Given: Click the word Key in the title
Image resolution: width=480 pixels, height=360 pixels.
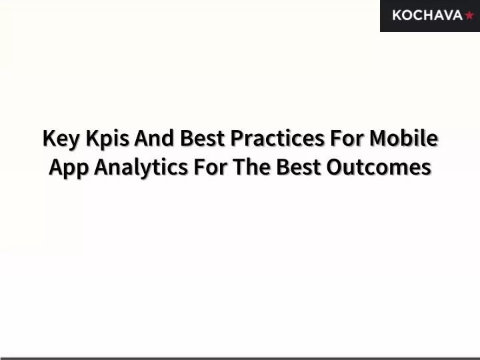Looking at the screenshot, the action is click(61, 139).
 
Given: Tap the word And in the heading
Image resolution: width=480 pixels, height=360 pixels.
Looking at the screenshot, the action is click(154, 138).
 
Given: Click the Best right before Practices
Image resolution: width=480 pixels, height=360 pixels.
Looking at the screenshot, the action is click(203, 138).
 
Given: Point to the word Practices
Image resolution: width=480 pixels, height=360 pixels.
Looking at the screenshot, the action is click(277, 138).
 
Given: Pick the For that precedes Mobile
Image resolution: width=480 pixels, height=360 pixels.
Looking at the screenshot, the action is click(347, 138).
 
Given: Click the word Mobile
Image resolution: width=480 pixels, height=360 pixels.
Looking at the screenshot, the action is click(404, 138).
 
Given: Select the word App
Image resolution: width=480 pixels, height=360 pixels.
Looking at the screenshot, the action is click(69, 168).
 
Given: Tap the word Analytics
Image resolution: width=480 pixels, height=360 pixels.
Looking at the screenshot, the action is click(141, 168).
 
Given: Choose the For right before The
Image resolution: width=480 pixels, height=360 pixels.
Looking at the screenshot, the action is click(211, 167).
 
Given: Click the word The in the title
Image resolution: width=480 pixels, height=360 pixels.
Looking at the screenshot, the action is click(251, 167).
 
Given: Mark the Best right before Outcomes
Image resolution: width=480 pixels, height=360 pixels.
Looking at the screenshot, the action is click(299, 167).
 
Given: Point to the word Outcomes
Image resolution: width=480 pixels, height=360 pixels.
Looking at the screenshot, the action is click(379, 167).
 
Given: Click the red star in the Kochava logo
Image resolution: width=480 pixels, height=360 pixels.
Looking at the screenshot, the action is click(469, 15).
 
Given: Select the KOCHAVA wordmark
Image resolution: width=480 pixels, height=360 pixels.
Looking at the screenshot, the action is click(427, 15).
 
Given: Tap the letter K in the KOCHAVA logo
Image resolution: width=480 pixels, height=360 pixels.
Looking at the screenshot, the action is click(397, 15).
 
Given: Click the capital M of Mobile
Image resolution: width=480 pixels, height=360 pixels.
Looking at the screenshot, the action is click(377, 138).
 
